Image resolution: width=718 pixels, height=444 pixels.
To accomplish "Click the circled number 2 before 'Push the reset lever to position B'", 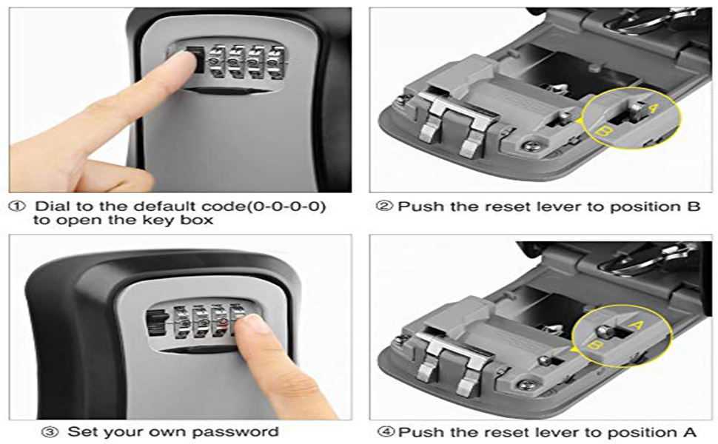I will point(383,206).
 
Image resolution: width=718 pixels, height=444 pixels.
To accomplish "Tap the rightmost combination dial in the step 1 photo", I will point(275,62).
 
